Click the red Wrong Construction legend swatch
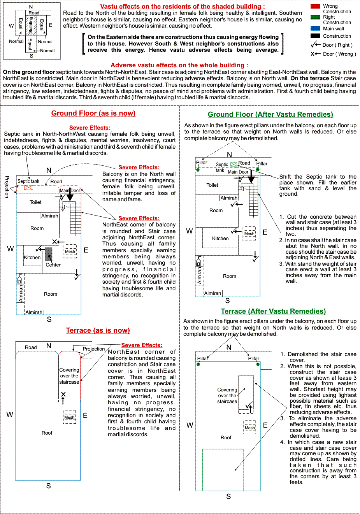[315, 7]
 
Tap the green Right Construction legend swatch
[315, 17]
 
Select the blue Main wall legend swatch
[315, 28]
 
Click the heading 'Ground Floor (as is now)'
[93, 113]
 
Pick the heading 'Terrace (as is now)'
[98, 330]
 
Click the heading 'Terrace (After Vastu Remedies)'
[273, 311]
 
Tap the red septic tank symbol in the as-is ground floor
[28, 188]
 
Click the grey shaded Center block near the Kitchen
[49, 254]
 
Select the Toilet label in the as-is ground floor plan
[35, 202]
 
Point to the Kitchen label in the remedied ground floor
[220, 239]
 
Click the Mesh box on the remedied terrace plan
[250, 427]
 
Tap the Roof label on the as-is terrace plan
[47, 433]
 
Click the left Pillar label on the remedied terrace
[202, 359]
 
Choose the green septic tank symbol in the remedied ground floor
[234, 165]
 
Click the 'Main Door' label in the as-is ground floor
[70, 191]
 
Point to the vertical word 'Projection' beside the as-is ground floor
[7, 187]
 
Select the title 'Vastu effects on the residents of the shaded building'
[183, 7]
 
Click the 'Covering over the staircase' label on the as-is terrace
[69, 376]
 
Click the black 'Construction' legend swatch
[315, 36]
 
